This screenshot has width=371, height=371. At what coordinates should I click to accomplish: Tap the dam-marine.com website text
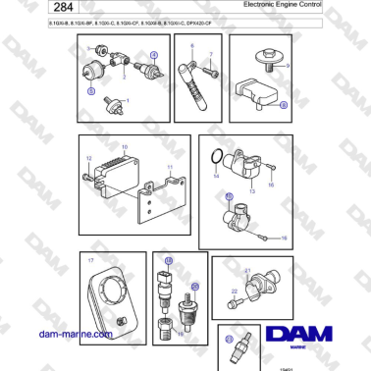point(73,334)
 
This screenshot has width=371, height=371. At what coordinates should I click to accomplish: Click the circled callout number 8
point(284,104)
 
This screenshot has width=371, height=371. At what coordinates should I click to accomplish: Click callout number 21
point(247,269)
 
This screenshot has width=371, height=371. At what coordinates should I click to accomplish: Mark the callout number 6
point(192,46)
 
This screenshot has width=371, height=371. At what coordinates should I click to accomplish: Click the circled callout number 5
point(91,90)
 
